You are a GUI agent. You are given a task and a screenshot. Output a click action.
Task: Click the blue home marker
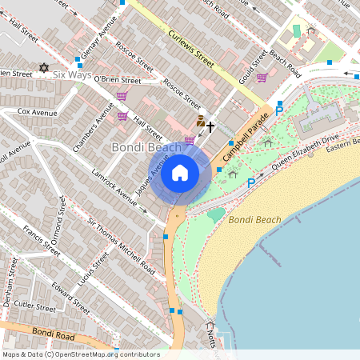[180, 173]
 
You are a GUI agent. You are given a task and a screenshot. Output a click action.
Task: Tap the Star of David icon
[44, 69]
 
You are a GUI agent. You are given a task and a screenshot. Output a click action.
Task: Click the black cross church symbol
[211, 126]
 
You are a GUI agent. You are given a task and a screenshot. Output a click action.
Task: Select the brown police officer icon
[200, 121]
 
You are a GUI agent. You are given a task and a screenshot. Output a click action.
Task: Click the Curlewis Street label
[191, 48]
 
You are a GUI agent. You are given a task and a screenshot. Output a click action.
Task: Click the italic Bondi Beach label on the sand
[254, 219]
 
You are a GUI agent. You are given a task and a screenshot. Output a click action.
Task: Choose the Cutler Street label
[34, 306]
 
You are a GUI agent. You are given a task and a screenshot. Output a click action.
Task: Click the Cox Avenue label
[34, 111]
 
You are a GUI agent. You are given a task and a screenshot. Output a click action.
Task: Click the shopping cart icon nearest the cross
[190, 141]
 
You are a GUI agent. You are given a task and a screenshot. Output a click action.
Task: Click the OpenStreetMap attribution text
[81, 354]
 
